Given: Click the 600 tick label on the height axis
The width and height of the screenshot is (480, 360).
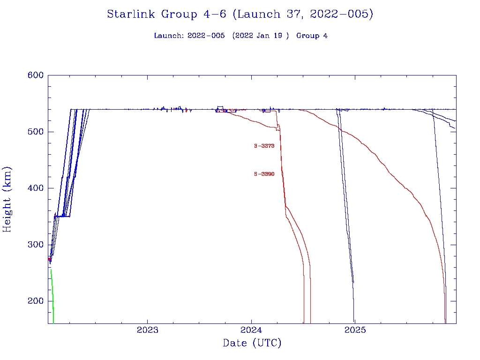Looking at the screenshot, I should (36, 75).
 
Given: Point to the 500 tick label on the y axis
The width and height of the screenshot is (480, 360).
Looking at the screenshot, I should (36, 132).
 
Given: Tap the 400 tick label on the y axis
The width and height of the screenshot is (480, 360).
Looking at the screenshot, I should (36, 188).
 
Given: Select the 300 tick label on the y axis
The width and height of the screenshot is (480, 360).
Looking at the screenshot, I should (36, 245).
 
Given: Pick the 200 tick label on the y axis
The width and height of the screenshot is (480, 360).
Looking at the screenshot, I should (36, 301).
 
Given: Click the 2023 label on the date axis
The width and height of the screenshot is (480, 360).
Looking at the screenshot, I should (148, 330).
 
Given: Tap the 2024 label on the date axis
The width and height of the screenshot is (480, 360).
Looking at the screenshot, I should (252, 330).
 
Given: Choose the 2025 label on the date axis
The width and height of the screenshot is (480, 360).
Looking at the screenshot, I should (355, 330).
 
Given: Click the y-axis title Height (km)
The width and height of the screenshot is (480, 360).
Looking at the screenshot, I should (7, 200).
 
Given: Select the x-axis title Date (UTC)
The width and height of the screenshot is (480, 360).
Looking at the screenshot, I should (252, 344).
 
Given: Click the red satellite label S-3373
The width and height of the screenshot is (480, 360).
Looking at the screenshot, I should (264, 146).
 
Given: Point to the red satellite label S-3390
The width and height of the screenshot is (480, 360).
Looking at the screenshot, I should (264, 174).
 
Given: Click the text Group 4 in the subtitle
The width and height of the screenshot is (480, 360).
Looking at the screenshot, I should (312, 36).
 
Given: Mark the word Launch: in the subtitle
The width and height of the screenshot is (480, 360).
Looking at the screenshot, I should (169, 36).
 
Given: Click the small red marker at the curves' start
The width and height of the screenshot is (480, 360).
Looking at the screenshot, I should (49, 259).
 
